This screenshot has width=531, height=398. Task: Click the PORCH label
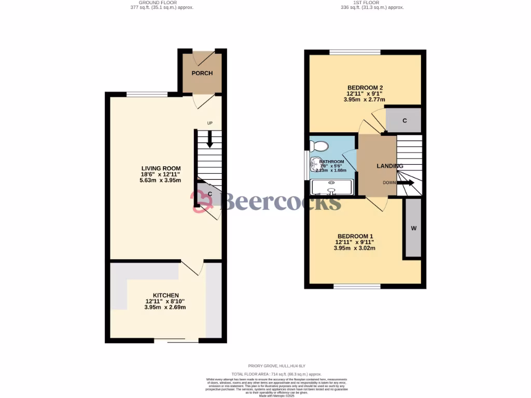(x=202, y=73)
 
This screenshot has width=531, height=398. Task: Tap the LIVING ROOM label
(x=161, y=168)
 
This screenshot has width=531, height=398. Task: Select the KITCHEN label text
(x=165, y=295)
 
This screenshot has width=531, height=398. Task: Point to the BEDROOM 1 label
(x=354, y=236)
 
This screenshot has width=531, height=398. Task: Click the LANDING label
(x=389, y=166)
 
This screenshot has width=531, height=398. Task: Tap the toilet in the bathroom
(x=319, y=146)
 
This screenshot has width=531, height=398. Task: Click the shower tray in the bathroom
(x=331, y=187)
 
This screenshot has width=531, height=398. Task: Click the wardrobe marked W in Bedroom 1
(x=413, y=228)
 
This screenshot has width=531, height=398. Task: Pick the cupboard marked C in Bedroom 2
(x=403, y=120)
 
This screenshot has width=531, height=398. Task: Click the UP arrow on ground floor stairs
(x=210, y=138)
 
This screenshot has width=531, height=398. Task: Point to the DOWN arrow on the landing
(x=406, y=182)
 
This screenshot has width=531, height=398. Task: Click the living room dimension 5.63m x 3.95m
(x=161, y=180)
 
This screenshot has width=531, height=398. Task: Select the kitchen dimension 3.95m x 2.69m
(x=165, y=307)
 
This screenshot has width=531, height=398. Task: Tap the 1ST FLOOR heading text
(x=365, y=3)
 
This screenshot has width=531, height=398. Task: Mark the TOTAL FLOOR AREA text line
(x=276, y=374)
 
